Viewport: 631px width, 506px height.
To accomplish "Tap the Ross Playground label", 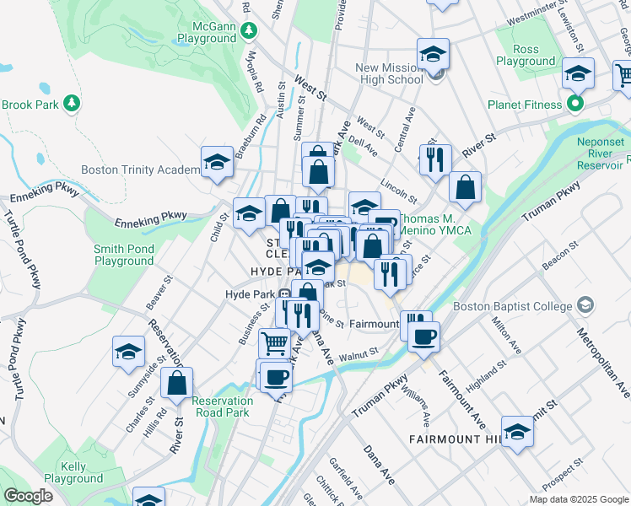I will coord(525,55).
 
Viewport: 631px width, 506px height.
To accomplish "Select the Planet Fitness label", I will coord(525,105).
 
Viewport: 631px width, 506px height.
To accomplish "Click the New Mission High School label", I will coord(389,73).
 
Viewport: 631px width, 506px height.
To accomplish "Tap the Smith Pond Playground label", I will coord(123,255).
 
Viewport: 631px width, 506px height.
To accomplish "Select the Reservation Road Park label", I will coord(222,406).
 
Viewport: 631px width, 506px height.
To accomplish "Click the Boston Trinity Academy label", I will coord(140,170).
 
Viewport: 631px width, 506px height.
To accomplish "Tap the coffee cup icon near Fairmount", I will coord(423,336).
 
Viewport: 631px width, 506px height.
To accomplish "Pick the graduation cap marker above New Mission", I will coord(433,55).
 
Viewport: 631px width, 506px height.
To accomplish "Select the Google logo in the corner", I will coord(28,495).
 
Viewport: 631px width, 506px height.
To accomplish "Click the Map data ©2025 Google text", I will coord(578,499).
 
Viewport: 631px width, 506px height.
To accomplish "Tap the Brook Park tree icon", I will coord(73,103).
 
